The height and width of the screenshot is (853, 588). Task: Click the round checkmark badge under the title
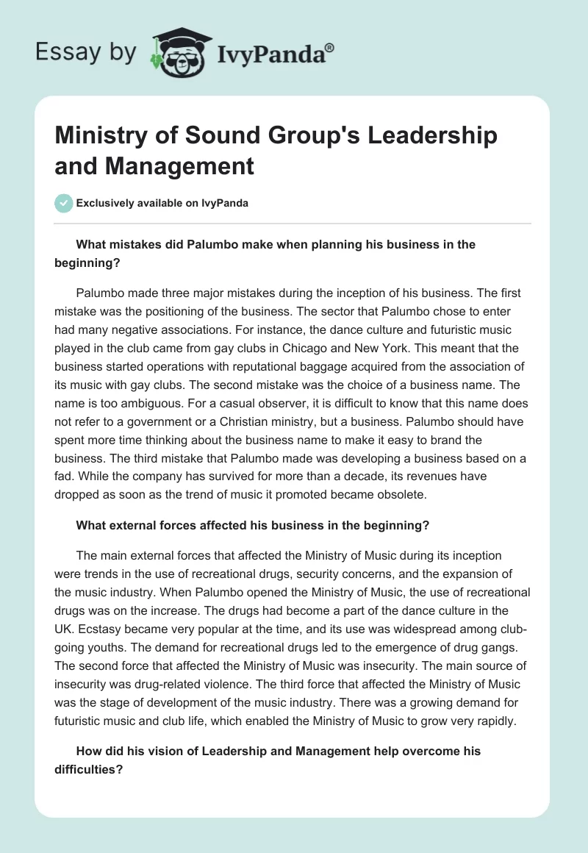(x=64, y=203)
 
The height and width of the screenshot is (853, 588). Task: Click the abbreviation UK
(x=66, y=632)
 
